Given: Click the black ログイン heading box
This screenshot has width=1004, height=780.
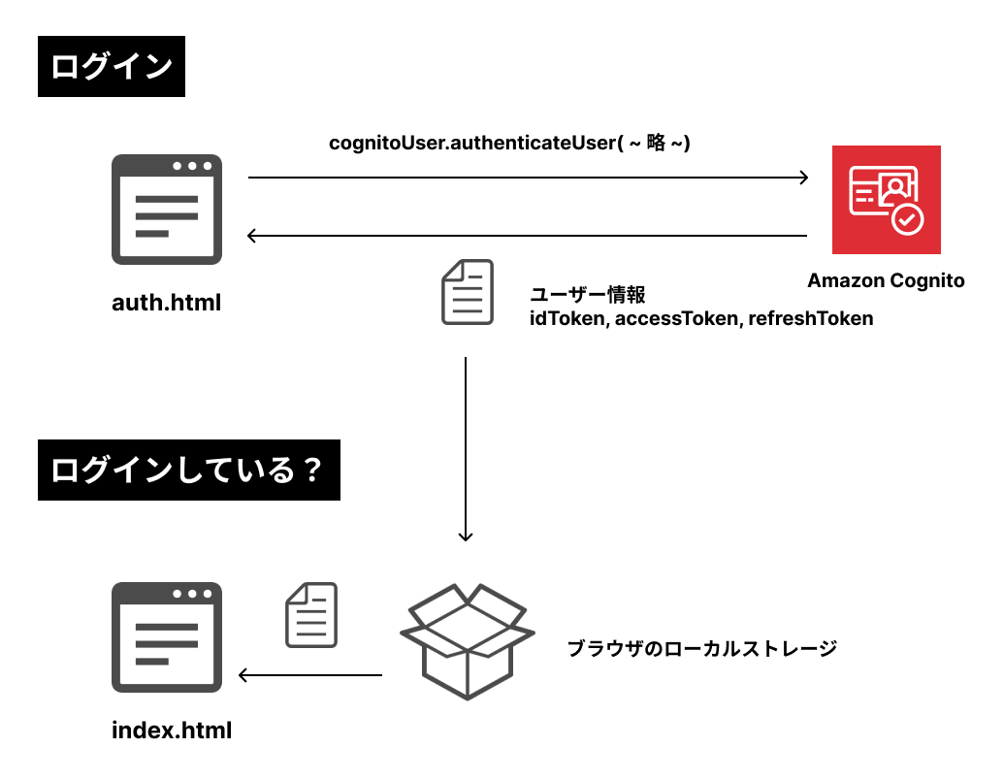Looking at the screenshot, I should click(111, 67).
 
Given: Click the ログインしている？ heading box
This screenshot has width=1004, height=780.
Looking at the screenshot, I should click(188, 471).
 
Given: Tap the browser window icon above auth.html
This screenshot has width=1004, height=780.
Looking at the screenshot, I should click(167, 209).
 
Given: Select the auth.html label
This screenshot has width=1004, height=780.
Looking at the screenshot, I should click(167, 302).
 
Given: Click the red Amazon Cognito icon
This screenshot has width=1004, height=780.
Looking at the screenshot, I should click(886, 199).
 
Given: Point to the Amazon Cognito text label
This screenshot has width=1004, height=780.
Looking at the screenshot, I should click(886, 281).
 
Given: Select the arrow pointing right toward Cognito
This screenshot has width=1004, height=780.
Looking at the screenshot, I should click(528, 177).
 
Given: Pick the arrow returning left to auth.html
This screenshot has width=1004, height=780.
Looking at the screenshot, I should click(528, 235).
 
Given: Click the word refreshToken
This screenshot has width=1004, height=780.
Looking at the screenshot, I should click(811, 318).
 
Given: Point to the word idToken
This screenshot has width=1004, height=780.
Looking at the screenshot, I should click(567, 318).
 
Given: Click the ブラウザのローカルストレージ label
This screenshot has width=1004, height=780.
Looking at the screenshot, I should click(701, 647).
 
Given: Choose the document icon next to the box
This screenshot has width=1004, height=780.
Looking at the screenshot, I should click(311, 615).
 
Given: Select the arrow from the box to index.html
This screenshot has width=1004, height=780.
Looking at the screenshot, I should click(310, 675).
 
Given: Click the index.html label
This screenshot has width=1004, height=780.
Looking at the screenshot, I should click(172, 730).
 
